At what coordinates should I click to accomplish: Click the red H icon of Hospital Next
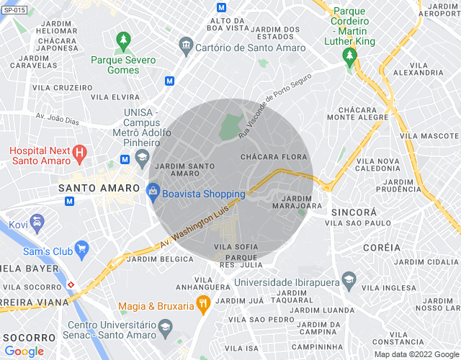pos(81,153)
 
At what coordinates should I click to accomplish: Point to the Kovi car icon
pos(37,220)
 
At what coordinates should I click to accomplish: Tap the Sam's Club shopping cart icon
pos(81,251)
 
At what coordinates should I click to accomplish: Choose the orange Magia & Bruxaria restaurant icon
pos(203,305)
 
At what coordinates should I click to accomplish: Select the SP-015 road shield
pos(14,10)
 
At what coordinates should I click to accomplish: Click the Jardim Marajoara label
pos(292,202)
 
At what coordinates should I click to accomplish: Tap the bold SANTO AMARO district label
pos(98,187)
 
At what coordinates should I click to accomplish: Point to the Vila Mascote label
pos(430,135)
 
